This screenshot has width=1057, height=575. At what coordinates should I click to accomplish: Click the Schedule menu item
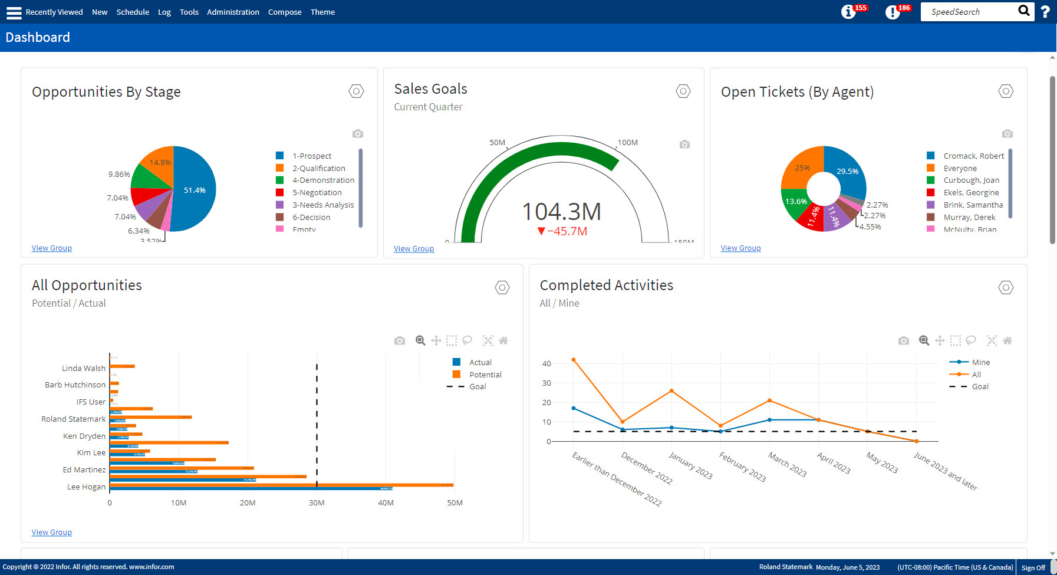point(133,12)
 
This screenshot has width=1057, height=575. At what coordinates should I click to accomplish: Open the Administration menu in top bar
point(233,12)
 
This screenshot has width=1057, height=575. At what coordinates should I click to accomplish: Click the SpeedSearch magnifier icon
point(1024,11)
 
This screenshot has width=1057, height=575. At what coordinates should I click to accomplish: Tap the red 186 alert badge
point(903,8)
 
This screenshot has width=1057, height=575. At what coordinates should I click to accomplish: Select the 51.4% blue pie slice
point(195,190)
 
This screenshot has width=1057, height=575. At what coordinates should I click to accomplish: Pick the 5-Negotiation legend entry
point(317,193)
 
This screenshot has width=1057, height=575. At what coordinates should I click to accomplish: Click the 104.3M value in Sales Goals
point(561,212)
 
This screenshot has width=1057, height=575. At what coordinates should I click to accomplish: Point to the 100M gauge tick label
point(627,143)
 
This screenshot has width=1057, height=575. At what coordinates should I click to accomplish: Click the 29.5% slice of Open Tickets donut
point(847,171)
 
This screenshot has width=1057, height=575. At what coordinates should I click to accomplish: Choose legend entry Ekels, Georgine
point(970,193)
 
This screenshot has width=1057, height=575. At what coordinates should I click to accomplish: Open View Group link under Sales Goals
point(414,249)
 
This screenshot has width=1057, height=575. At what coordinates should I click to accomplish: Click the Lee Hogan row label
point(86,487)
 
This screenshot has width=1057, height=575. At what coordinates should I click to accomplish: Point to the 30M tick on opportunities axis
point(317,503)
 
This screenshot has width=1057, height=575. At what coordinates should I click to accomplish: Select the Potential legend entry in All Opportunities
point(485,375)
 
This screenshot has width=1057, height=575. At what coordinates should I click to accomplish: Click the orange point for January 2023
point(671,391)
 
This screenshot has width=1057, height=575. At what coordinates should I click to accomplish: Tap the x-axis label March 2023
point(788,464)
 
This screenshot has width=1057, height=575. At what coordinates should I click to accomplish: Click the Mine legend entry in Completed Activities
point(980,363)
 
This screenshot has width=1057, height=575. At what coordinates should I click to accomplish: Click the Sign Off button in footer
point(1033,567)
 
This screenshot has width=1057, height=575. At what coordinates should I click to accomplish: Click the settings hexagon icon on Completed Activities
point(1006,288)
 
